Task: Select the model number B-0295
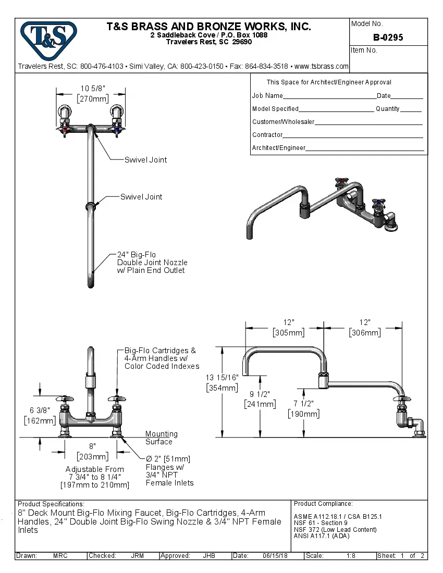pos(388,38)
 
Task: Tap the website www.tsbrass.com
pos(322,66)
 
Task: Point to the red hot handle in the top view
pos(65,128)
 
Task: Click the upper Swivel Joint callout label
pos(145,160)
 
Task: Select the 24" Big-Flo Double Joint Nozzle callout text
pos(152,263)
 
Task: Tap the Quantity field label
pos(387,109)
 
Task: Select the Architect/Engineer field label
pos(278,148)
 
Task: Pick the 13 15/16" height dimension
pos(222,377)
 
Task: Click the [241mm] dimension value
pos(260,404)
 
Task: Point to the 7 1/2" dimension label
pos(304,404)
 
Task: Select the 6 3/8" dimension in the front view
pos(39,411)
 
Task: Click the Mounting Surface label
pos(161,438)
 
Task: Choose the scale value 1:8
pos(351,556)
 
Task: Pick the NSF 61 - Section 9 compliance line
pos(321,523)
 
